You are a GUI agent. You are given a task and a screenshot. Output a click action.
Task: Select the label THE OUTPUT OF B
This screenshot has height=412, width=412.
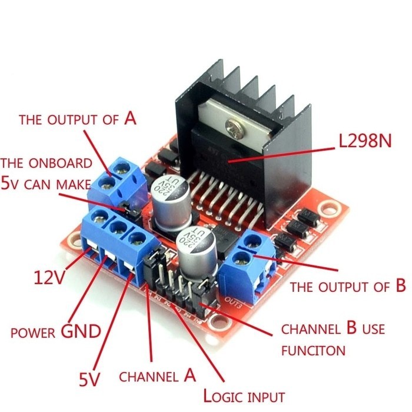tap(347, 287)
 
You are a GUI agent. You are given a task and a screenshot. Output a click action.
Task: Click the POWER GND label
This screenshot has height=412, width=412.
tap(56, 332)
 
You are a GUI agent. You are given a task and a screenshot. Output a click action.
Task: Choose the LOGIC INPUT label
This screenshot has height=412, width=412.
tap(244, 396)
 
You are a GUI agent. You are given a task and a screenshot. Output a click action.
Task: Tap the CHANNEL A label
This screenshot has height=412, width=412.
tap(157, 376)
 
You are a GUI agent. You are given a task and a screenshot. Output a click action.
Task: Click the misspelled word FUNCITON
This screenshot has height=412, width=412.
tap(313, 351)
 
